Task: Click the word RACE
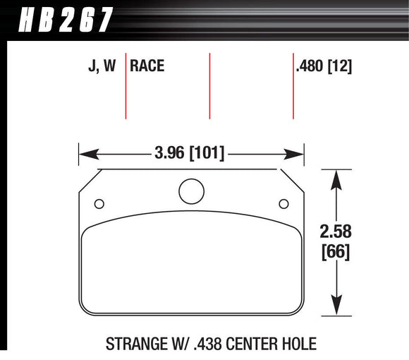147,66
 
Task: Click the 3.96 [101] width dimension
188,152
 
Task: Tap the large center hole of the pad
190,191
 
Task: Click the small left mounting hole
99,204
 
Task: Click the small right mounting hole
283,204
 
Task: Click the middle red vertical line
209,85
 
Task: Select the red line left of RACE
126,85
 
